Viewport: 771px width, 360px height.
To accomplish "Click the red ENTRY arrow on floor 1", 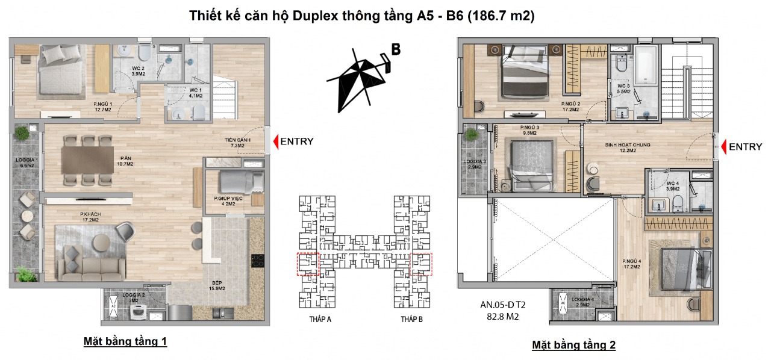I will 276,141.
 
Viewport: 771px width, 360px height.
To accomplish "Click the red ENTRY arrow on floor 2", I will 724,146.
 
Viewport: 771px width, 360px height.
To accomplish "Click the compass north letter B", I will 396,50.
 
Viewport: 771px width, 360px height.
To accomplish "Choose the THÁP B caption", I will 411,319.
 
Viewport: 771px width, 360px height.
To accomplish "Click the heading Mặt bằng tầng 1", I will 125,342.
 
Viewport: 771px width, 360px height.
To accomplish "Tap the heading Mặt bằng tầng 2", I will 573,345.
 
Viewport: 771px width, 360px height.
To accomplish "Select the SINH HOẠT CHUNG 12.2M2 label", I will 627,148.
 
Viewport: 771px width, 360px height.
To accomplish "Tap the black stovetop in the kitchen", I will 258,261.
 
